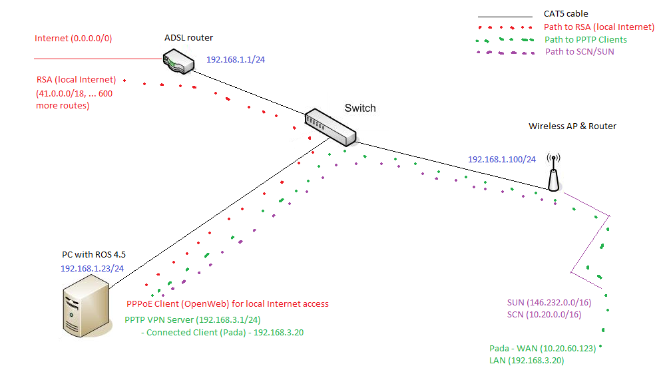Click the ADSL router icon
[x=178, y=63]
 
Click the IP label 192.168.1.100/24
[x=501, y=160]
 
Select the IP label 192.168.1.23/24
[x=91, y=268]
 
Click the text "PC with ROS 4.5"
[x=93, y=255]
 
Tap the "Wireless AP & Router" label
[x=572, y=126]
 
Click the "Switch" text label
[x=360, y=108]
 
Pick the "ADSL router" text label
[x=188, y=37]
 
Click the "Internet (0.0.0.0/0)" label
[x=73, y=39]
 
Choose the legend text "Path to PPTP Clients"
[x=586, y=40]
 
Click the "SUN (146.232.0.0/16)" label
[x=549, y=303]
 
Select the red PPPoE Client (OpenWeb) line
[x=227, y=304]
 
